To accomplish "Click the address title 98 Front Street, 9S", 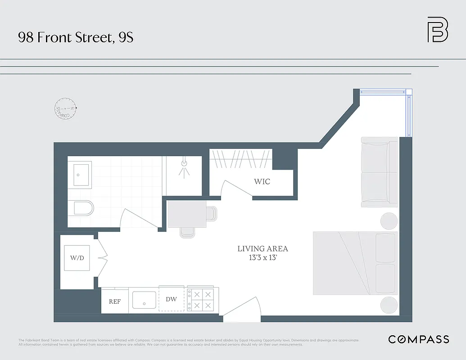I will pos(76,37).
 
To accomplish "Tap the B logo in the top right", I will pos(437,30).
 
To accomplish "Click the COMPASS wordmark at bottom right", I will pos(418,339).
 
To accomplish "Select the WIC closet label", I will pos(262,182).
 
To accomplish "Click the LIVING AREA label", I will pos(262,249).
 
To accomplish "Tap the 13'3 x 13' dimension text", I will pos(262,257).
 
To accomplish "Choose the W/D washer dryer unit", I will pos(77,258).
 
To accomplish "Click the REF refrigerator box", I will pos(114,301).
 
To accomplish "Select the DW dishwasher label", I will pos(171,299).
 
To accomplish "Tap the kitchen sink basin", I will pos(144,300).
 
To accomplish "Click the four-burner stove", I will pos(202,300).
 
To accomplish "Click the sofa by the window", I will pos(379,171).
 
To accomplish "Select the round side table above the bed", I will pos(389,221).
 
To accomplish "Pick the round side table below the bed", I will pos(389,305).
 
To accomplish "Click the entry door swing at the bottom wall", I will pos(242,310).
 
